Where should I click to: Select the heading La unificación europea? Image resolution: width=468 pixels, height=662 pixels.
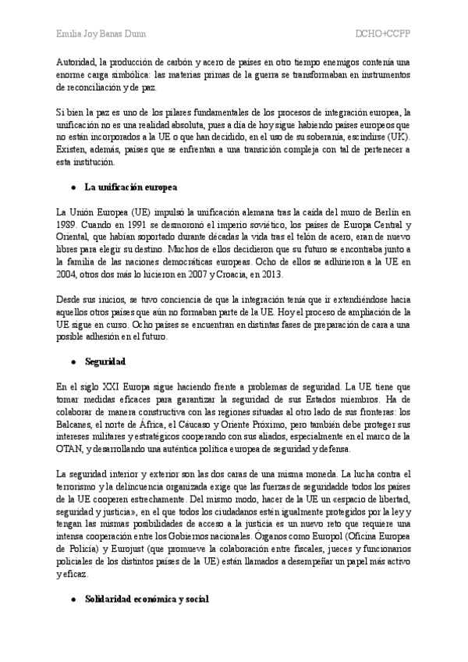pos(131,188)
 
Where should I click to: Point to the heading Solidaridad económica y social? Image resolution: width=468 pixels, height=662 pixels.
pos(147,598)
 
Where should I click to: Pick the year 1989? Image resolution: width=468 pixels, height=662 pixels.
pos(69,225)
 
